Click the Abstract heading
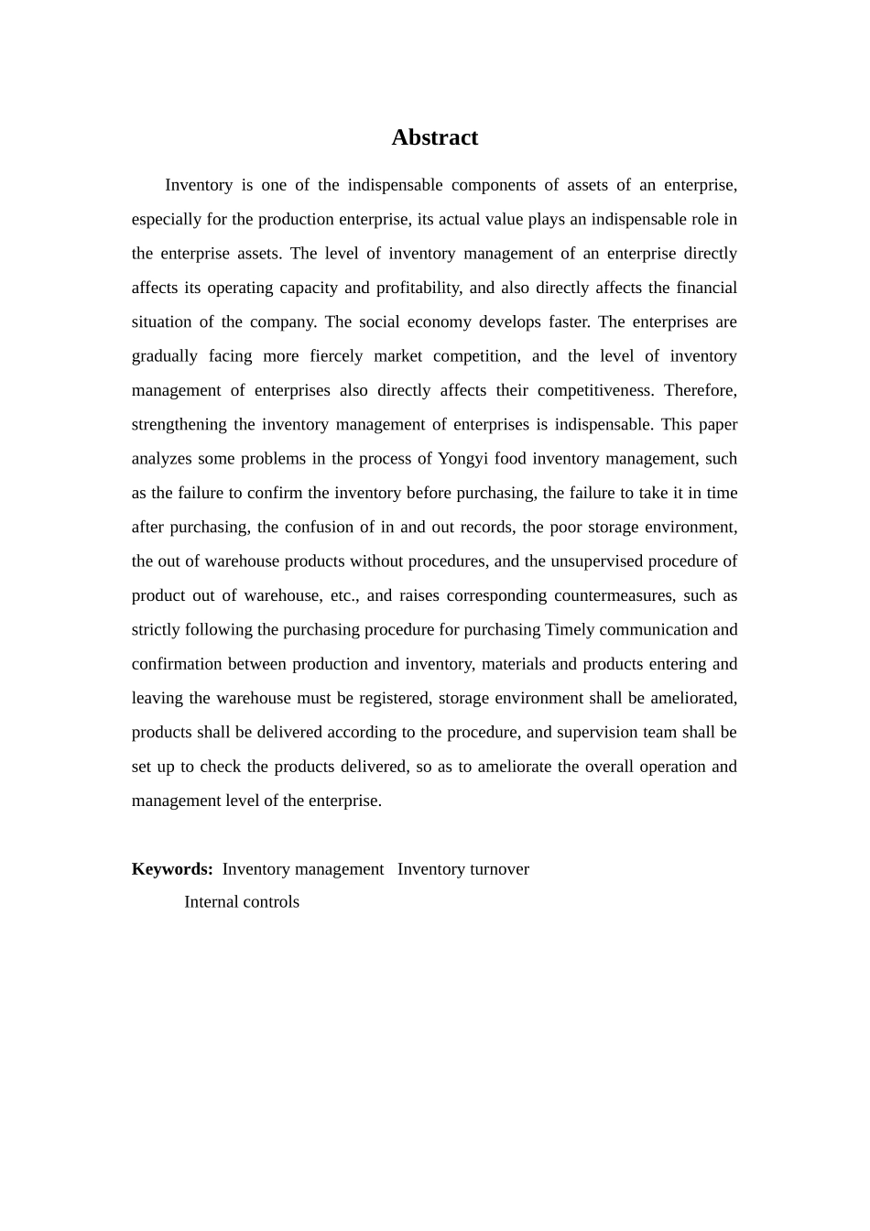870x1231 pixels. pos(434,137)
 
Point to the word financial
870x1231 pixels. pos(706,288)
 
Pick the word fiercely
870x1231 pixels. pos(336,356)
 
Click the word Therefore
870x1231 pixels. pos(701,390)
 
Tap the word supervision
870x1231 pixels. pos(595,733)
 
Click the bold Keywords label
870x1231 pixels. pos(172,869)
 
